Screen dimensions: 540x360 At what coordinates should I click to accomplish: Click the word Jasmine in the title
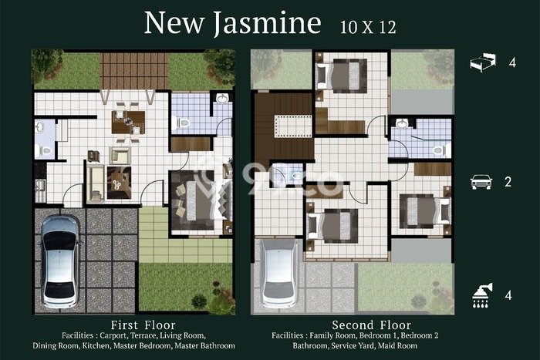[268, 23]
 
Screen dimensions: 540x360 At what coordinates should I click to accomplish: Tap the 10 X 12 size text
[368, 27]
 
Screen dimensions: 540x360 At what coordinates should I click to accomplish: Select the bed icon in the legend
[483, 62]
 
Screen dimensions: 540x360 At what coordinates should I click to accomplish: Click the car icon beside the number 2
[481, 182]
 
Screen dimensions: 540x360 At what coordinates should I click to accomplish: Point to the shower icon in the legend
[482, 295]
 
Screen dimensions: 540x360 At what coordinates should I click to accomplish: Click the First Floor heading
[143, 325]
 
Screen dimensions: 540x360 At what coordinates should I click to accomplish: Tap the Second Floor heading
[372, 325]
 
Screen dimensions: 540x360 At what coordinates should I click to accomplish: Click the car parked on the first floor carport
[59, 261]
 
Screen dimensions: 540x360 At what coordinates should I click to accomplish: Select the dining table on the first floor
[128, 122]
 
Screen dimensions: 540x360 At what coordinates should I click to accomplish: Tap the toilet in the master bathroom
[181, 122]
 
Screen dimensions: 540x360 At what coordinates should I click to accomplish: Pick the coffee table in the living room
[119, 183]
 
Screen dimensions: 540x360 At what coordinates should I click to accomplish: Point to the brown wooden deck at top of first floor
[134, 71]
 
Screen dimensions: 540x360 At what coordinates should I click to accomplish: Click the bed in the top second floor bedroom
[341, 76]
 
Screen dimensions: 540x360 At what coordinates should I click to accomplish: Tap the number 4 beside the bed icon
[512, 62]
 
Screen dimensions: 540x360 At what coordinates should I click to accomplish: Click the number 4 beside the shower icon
[508, 295]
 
